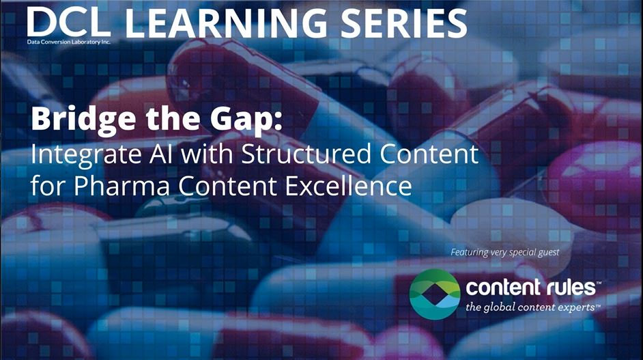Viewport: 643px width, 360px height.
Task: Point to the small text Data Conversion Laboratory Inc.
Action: coord(68,42)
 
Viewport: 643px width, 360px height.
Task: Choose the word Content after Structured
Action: coord(429,154)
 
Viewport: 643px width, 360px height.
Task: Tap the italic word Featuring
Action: coord(470,253)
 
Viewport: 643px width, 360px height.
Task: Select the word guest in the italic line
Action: coord(546,253)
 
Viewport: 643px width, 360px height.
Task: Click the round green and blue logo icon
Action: coord(434,292)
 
